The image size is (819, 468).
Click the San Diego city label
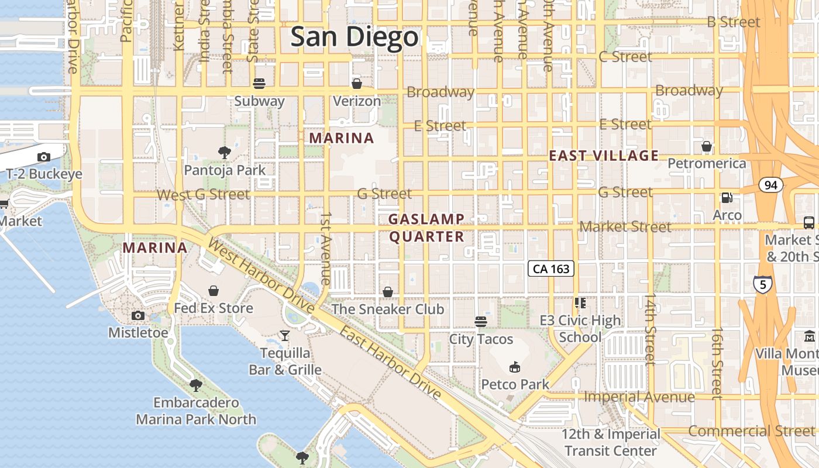tap(355, 37)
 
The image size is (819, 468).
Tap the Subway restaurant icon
tap(259, 84)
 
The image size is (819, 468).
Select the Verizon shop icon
tap(356, 84)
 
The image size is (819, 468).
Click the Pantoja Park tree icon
tap(224, 153)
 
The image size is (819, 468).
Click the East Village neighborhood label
tap(604, 156)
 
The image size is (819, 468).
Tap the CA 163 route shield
tap(551, 269)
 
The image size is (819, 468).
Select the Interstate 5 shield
tap(762, 284)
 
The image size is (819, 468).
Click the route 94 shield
tap(770, 185)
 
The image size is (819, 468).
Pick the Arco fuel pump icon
tap(727, 198)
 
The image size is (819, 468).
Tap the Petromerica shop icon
tap(707, 146)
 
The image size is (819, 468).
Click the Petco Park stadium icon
tap(515, 367)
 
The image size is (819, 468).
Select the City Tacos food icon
tap(481, 321)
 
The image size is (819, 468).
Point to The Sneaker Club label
tap(388, 309)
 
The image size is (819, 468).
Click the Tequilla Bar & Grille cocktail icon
tap(285, 335)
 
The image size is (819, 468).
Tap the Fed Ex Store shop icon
tap(214, 291)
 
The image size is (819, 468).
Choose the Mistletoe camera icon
tap(138, 316)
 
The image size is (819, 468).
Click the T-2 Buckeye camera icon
tap(43, 157)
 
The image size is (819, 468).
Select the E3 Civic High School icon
tap(580, 302)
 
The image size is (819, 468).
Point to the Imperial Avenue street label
tap(639, 397)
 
